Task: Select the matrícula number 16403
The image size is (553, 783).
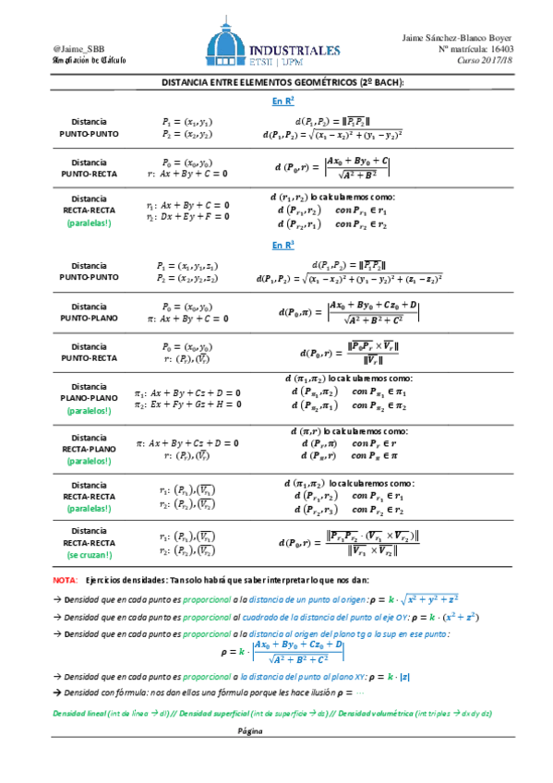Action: (503, 49)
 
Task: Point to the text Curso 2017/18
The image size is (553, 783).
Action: (487, 61)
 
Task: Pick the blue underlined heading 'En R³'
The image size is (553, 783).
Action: (283, 246)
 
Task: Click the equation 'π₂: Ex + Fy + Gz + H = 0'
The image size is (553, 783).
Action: (187, 404)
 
